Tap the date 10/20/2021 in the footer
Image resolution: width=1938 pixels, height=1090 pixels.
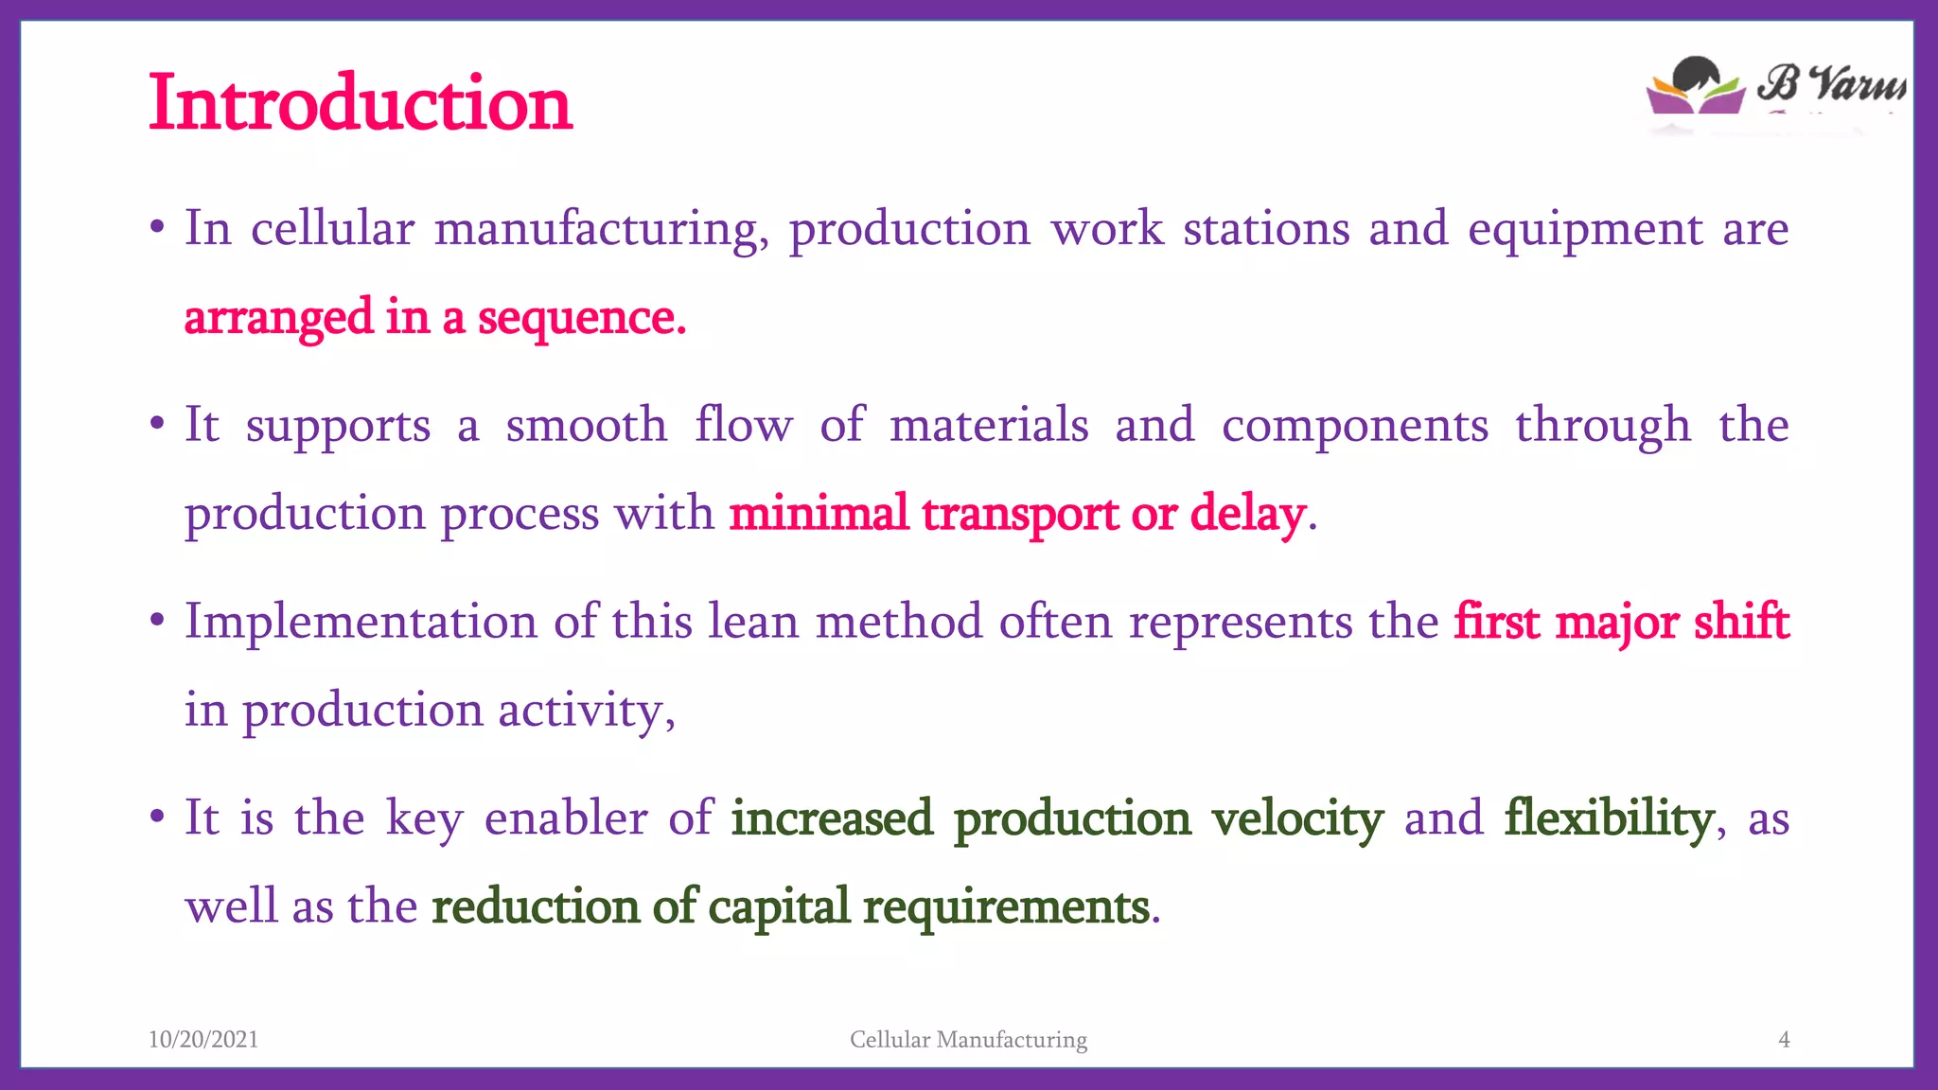pyautogui.click(x=203, y=1039)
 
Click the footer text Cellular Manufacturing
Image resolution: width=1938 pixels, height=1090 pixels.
pyautogui.click(x=968, y=1039)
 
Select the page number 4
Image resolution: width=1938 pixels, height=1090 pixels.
pyautogui.click(x=1784, y=1039)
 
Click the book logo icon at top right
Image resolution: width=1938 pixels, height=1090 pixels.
pyautogui.click(x=1696, y=87)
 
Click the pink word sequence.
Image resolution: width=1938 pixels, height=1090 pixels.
pyautogui.click(x=581, y=318)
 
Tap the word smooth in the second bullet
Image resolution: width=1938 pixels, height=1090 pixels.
pyautogui.click(x=587, y=425)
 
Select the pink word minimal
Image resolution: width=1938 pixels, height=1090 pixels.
pyautogui.click(x=819, y=514)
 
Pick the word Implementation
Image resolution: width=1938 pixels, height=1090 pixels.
pyautogui.click(x=361, y=623)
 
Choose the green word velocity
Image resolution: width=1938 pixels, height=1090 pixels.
pyautogui.click(x=1297, y=819)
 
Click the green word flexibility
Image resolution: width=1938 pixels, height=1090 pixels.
pyautogui.click(x=1610, y=819)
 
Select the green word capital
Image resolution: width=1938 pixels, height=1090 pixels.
pyautogui.click(x=779, y=907)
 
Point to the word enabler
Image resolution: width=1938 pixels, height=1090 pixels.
pyautogui.click(x=566, y=818)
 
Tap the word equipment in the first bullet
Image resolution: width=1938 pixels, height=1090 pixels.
pyautogui.click(x=1585, y=230)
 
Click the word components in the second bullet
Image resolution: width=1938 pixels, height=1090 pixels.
pyautogui.click(x=1355, y=425)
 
